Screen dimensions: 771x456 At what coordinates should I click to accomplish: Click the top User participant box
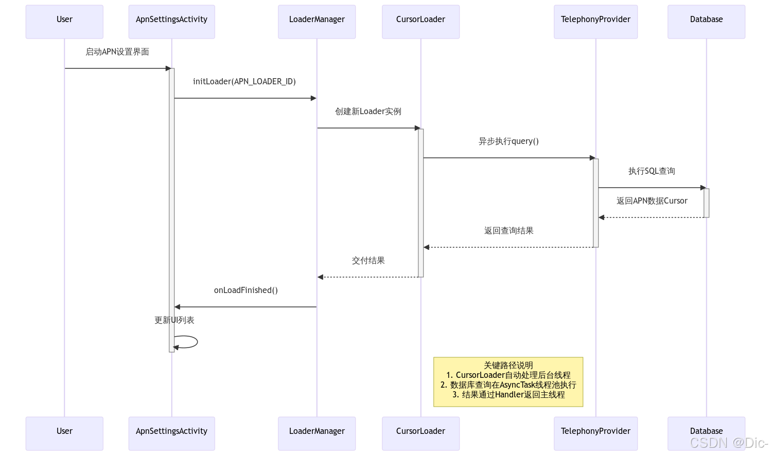click(64, 22)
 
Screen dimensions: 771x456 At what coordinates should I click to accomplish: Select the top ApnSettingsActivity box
click(172, 22)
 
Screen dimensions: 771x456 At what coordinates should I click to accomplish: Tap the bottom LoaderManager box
click(317, 433)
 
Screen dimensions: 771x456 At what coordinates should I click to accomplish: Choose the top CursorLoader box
click(420, 22)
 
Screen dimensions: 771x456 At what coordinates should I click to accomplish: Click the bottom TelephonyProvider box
click(595, 433)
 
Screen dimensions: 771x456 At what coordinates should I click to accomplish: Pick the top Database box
click(706, 22)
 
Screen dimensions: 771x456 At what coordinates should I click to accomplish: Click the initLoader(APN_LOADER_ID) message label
click(244, 82)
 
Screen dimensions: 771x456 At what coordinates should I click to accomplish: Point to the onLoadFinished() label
click(246, 290)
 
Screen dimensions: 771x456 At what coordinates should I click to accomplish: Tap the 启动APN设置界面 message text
click(117, 51)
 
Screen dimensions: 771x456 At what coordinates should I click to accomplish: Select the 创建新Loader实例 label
click(369, 112)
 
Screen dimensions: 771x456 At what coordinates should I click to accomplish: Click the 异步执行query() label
click(509, 141)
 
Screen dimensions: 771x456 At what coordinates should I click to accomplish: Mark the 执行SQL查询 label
click(652, 171)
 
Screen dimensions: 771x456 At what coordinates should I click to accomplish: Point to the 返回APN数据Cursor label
click(652, 201)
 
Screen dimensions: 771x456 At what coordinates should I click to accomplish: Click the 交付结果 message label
click(369, 260)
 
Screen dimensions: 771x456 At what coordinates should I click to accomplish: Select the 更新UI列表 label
click(174, 320)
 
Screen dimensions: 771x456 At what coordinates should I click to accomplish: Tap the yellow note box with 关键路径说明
click(508, 382)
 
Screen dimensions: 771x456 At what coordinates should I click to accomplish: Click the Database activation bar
click(706, 203)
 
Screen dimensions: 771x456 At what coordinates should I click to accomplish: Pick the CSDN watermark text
click(729, 443)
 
